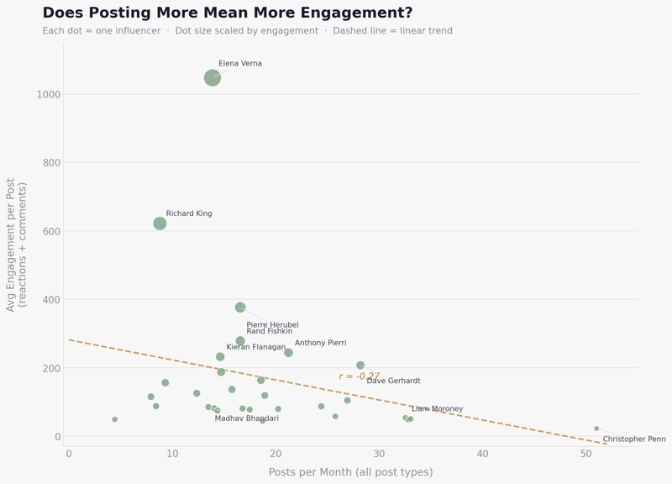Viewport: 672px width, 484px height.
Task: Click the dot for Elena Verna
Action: pyautogui.click(x=213, y=77)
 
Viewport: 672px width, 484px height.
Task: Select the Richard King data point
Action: pyautogui.click(x=160, y=224)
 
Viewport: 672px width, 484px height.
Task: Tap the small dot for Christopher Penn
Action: pyautogui.click(x=596, y=429)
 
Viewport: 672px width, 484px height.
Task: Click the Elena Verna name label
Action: pyautogui.click(x=240, y=64)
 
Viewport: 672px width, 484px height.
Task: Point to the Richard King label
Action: pyautogui.click(x=189, y=213)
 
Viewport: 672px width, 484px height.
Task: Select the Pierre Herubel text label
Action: pyautogui.click(x=272, y=325)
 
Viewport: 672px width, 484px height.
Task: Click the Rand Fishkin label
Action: pyautogui.click(x=270, y=331)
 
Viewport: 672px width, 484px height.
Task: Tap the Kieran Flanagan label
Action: pyautogui.click(x=256, y=347)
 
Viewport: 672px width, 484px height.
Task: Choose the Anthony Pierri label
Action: pyautogui.click(x=320, y=343)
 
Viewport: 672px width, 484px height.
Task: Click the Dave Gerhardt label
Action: pyautogui.click(x=393, y=381)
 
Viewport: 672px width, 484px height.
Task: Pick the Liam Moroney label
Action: pyautogui.click(x=437, y=409)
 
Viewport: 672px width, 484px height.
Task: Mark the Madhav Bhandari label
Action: pyautogui.click(x=247, y=418)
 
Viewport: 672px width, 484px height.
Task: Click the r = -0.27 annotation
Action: pyautogui.click(x=359, y=376)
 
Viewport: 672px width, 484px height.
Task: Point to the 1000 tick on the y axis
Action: pyautogui.click(x=48, y=94)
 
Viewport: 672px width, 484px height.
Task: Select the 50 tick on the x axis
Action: pyautogui.click(x=586, y=454)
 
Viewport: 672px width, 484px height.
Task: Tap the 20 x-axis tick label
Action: pyautogui.click(x=276, y=454)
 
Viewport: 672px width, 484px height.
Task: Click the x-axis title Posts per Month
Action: pyautogui.click(x=350, y=472)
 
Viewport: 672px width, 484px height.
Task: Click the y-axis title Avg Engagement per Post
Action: pyautogui.click(x=17, y=245)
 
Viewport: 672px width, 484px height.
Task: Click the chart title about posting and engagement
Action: pyautogui.click(x=228, y=13)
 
